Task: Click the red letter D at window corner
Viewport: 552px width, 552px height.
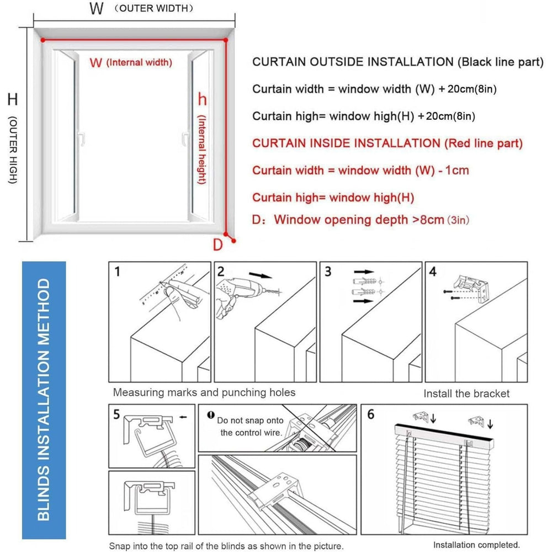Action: click(x=218, y=244)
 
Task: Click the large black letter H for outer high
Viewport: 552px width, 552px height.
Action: click(x=12, y=100)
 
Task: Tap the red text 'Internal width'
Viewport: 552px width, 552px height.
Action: click(x=139, y=63)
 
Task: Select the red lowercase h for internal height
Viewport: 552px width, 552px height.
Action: click(x=202, y=100)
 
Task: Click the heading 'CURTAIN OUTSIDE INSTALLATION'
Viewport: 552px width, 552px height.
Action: click(x=352, y=62)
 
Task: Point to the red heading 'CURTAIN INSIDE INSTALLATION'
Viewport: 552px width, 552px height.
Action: click(x=347, y=144)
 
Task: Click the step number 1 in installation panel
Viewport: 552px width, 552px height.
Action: click(x=116, y=272)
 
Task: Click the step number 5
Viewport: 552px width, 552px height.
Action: click(x=116, y=414)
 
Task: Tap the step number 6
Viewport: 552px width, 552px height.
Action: click(x=370, y=414)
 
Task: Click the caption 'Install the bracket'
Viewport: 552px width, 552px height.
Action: click(x=466, y=394)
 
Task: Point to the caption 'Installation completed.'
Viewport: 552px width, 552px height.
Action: click(x=476, y=545)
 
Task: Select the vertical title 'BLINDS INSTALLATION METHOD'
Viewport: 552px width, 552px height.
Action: click(x=44, y=400)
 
